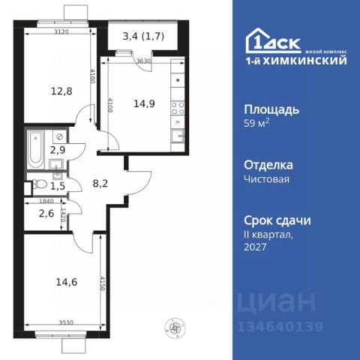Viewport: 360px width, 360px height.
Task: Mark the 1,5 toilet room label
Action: tap(56, 184)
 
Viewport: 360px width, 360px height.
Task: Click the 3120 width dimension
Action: tap(62, 32)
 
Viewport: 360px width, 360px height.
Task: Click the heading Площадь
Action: tap(273, 109)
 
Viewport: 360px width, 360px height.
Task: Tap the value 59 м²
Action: tap(258, 124)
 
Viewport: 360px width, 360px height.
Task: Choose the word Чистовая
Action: tap(267, 180)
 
